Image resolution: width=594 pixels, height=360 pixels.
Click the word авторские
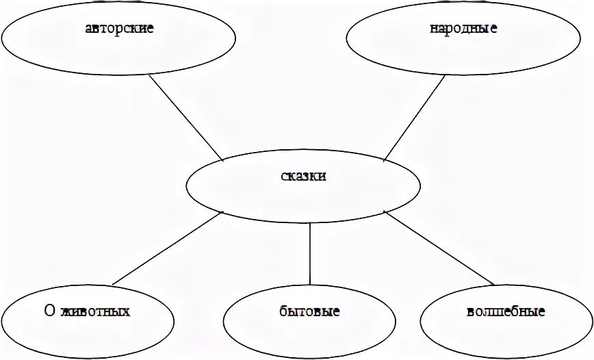point(120,29)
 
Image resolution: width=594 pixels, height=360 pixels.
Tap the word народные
point(463,29)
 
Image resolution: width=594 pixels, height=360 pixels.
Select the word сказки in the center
point(304,176)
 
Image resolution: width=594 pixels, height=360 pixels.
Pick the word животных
point(94,311)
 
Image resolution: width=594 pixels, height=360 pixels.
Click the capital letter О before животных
point(49,311)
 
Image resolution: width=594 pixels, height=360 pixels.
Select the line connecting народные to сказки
point(414,118)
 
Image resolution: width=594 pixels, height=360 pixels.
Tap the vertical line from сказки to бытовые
point(311,253)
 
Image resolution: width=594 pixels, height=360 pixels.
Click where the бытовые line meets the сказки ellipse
point(311,222)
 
